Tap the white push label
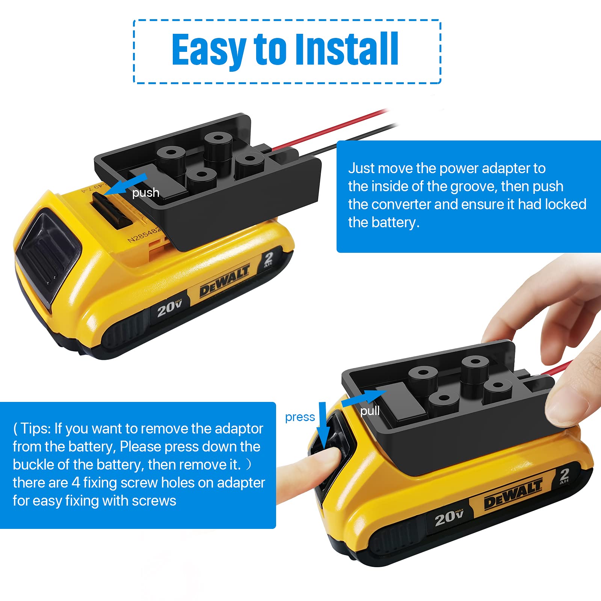(146, 193)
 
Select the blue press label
(300, 417)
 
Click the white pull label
(370, 411)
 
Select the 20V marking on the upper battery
(169, 308)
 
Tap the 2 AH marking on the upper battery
(268, 259)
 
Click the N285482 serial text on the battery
(145, 231)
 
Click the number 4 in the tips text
(76, 483)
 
